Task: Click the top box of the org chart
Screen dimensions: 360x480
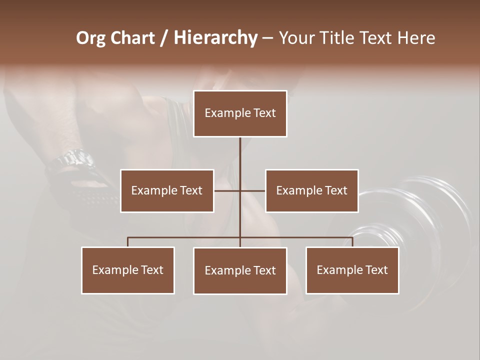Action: point(240,113)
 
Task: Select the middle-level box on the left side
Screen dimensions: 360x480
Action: point(167,190)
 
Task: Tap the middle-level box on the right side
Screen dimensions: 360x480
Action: point(311,190)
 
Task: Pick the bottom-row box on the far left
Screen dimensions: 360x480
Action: point(128,270)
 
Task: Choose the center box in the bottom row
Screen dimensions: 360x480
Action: point(240,270)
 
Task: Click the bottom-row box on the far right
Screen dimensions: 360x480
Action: point(352,270)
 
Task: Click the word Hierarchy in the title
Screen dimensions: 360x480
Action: point(215,38)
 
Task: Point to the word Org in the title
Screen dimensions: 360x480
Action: point(91,38)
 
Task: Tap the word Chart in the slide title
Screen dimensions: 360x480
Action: point(132,38)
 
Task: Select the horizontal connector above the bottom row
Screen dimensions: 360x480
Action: point(185,237)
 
